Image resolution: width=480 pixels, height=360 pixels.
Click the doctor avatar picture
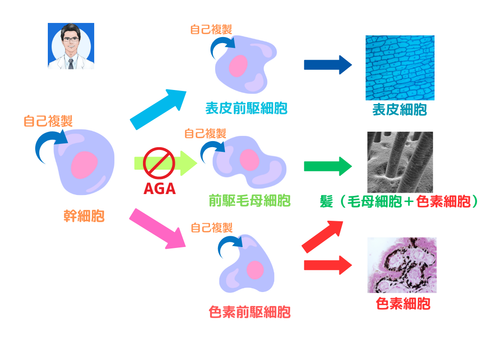click(71, 46)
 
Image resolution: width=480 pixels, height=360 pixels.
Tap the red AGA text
click(159, 188)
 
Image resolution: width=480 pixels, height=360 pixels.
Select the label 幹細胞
click(84, 216)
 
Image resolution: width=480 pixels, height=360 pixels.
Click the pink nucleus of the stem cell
click(84, 165)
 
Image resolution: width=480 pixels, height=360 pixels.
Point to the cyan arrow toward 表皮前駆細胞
click(158, 109)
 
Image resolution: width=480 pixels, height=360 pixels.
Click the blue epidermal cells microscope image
click(400, 67)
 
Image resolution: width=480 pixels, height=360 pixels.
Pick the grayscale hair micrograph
click(400, 162)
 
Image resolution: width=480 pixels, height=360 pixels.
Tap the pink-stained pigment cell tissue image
click(402, 265)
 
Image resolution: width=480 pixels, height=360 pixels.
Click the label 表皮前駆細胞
click(246, 108)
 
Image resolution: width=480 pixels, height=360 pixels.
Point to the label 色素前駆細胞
click(249, 312)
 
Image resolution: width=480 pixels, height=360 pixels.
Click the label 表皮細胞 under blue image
click(399, 110)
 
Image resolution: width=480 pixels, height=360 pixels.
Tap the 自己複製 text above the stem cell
click(48, 121)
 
